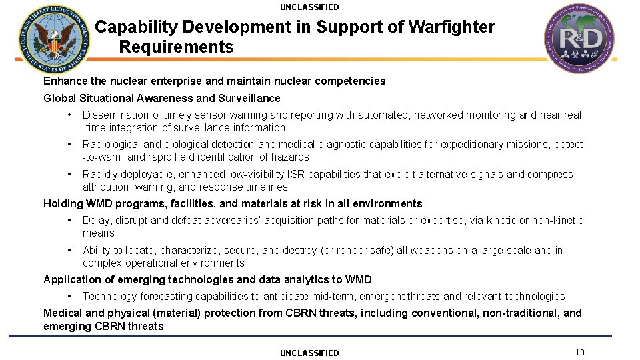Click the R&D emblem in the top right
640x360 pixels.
(578, 39)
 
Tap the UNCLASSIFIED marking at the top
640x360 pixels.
(309, 7)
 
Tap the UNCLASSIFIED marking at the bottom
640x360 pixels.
(309, 353)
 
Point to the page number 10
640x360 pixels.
(579, 352)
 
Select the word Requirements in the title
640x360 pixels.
(177, 47)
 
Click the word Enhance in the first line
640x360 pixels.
(65, 81)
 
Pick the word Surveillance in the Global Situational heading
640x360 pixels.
(249, 98)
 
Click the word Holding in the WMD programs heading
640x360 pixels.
(63, 203)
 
